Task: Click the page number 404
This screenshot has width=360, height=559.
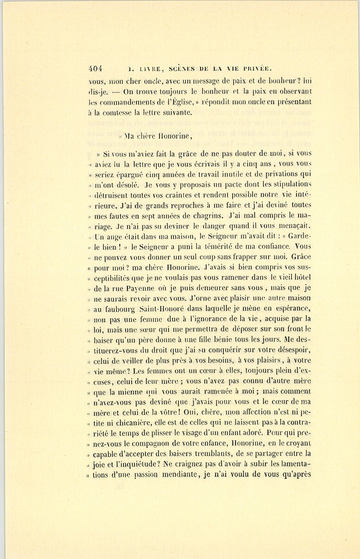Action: [x=96, y=68]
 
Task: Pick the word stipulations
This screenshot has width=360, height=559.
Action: [x=287, y=184]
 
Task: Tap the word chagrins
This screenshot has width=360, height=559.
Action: [x=205, y=216]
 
